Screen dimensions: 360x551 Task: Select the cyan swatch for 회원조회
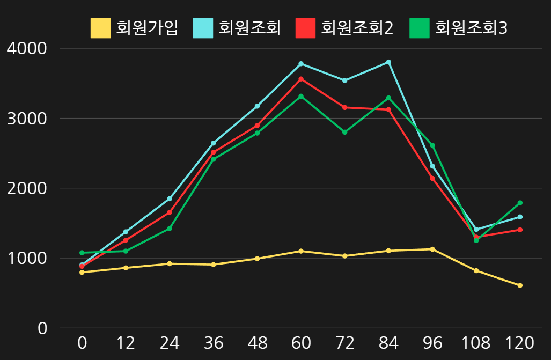pyautogui.click(x=203, y=28)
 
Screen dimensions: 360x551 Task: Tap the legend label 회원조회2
pyautogui.click(x=357, y=28)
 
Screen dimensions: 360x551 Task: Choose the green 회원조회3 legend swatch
pyautogui.click(x=420, y=28)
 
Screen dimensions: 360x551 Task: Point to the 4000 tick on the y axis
pyautogui.click(x=27, y=48)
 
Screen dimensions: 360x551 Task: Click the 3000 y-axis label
pyautogui.click(x=27, y=118)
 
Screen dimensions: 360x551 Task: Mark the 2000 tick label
pyautogui.click(x=27, y=188)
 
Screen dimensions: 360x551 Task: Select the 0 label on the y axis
pyautogui.click(x=42, y=328)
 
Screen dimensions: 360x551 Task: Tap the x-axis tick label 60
pyautogui.click(x=301, y=343)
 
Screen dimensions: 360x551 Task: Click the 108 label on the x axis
pyautogui.click(x=476, y=343)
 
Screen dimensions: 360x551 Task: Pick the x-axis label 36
pyautogui.click(x=214, y=343)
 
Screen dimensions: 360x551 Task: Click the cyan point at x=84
pyautogui.click(x=388, y=62)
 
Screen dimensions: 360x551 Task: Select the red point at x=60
pyautogui.click(x=301, y=79)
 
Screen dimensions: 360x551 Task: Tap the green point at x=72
pyautogui.click(x=345, y=132)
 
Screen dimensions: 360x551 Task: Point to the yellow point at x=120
pyautogui.click(x=520, y=285)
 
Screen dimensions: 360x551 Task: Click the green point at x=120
pyautogui.click(x=520, y=203)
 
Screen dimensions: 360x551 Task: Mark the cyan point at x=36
pyautogui.click(x=214, y=143)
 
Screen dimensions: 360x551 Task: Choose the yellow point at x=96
pyautogui.click(x=432, y=249)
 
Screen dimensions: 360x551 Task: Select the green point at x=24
pyautogui.click(x=170, y=229)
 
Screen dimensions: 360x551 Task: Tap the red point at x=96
pyautogui.click(x=432, y=179)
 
